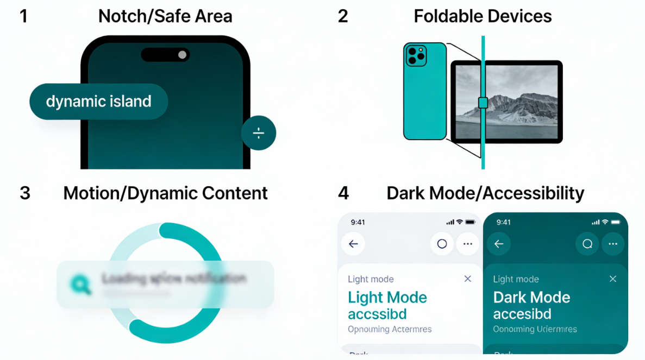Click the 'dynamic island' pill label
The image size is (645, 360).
pos(98,102)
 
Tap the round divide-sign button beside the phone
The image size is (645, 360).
pos(259,133)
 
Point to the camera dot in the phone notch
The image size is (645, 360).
pos(183,55)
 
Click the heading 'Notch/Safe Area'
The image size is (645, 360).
pos(165,16)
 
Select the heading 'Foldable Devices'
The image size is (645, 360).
pos(483,16)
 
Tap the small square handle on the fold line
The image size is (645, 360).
pos(483,103)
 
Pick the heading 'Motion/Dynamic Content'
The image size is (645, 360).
pos(165,193)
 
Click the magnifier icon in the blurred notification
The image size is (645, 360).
pos(79,283)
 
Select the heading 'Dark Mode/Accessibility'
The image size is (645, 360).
pos(485,193)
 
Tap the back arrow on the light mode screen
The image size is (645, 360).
pos(353,244)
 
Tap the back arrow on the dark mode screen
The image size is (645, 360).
pos(499,244)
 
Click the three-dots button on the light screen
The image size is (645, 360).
pos(468,244)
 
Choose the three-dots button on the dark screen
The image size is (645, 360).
pos(613,244)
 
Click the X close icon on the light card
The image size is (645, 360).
pos(467,279)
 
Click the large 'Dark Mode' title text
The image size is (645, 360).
pos(531,298)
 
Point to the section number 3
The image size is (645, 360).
pos(24,193)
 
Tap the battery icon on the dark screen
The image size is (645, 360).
pos(616,222)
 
